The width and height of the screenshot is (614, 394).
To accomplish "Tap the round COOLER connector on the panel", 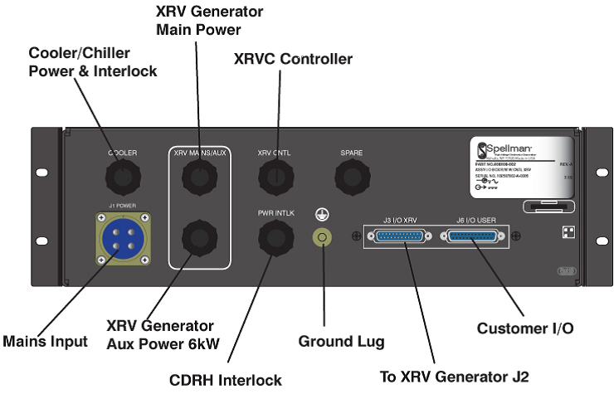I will coord(122,176).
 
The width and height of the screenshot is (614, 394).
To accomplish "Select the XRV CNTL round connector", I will coord(275,176).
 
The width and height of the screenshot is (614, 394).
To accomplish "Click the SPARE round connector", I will coord(351,176).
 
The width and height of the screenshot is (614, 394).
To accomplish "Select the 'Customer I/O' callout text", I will coord(524,328).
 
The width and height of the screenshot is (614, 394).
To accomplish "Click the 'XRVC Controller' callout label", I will coord(293,59).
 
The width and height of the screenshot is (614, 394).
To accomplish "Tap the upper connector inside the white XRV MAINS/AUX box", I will coord(199,176).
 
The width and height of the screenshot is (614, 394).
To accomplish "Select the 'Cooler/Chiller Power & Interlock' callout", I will coord(93,62).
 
